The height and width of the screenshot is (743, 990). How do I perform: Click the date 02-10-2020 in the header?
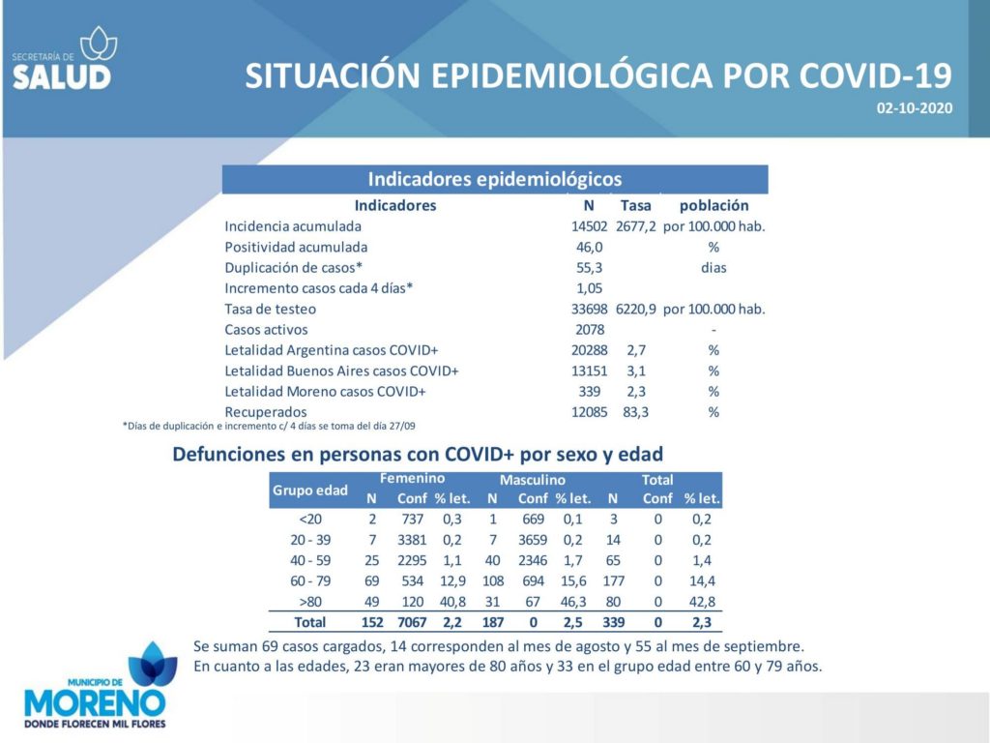[915, 108]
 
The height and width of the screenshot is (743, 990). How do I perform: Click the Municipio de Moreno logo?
[96, 686]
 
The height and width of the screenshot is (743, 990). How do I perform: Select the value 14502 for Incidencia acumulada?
[589, 226]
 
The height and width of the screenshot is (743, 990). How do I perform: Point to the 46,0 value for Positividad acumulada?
[589, 247]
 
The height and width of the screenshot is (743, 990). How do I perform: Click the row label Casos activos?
[266, 330]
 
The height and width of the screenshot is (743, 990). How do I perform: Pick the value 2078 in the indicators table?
[590, 330]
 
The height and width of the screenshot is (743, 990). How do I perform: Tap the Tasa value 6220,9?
[636, 309]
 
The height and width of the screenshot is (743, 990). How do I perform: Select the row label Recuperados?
[265, 412]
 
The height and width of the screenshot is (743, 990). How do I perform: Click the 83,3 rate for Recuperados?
[635, 412]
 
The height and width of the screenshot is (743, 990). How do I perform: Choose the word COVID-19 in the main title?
[875, 75]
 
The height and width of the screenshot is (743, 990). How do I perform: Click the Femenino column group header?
[412, 479]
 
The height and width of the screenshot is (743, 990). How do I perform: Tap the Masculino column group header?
[533, 480]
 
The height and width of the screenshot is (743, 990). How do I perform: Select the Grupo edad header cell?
[310, 490]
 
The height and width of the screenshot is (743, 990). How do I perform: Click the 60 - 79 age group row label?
[310, 581]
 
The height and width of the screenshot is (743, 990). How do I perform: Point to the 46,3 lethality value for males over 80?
[573, 602]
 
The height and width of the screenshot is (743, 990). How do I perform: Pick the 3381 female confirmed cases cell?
[412, 540]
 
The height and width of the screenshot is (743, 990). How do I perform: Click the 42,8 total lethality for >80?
[702, 602]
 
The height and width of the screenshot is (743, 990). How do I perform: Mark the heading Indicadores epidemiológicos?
[495, 179]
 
